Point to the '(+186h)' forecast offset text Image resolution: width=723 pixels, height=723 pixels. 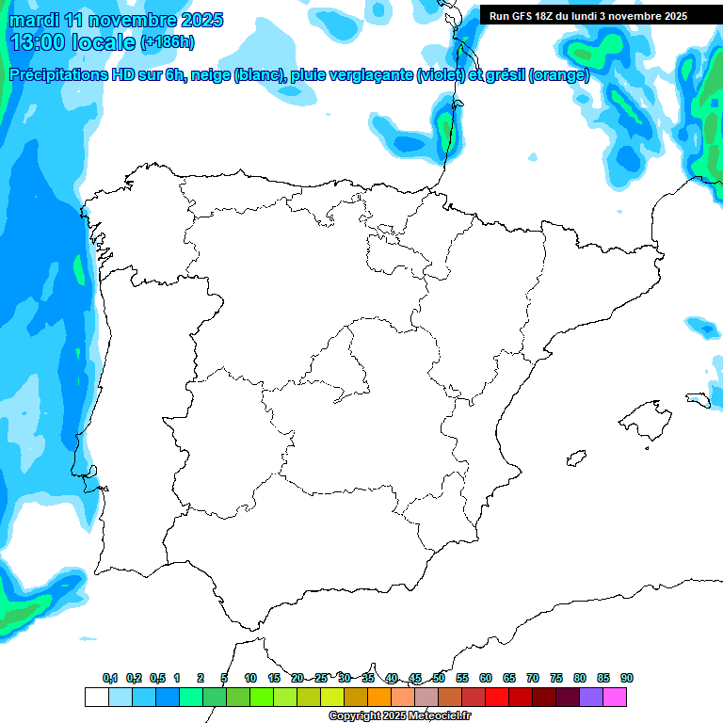tap(167, 42)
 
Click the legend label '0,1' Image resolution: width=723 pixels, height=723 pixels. tap(110, 678)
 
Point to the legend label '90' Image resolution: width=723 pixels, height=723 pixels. tap(627, 678)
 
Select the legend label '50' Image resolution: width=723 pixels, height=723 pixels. tap(439, 678)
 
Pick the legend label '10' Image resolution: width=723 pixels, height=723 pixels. tap(250, 678)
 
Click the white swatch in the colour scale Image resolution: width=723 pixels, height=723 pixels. tap(96, 697)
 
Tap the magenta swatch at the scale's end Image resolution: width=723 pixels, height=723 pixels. tap(615, 697)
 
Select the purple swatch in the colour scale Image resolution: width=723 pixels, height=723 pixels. tap(591, 697)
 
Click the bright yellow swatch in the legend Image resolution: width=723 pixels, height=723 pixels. tap(331, 697)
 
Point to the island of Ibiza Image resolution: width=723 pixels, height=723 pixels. tap(574, 458)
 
